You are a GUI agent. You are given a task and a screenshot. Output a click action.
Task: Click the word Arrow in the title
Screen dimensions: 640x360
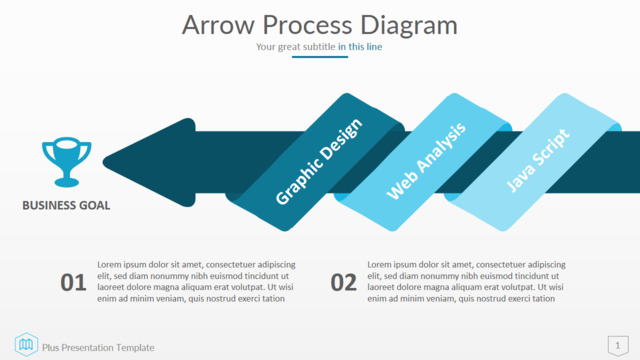click(218, 25)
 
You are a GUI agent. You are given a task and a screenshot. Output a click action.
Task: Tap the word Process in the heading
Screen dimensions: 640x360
click(307, 25)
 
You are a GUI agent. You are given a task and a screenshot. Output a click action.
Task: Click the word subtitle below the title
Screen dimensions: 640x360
click(319, 47)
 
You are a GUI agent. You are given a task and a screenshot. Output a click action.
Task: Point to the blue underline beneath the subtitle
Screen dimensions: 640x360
click(320, 57)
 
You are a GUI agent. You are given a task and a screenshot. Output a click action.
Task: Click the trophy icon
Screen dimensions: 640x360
click(67, 162)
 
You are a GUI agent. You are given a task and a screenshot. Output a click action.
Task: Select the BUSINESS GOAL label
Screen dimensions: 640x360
click(66, 205)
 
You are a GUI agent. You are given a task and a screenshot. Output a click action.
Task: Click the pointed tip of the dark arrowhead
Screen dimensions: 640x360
click(104, 162)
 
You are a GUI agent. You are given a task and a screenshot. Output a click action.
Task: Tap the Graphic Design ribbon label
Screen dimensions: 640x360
click(319, 162)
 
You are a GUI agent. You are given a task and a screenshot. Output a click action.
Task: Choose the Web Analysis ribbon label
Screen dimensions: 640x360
click(426, 161)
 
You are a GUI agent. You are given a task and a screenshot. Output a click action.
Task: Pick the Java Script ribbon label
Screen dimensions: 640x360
click(538, 160)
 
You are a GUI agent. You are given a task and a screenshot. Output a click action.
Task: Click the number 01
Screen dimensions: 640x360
click(73, 282)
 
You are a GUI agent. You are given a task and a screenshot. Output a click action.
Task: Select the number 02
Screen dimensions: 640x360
click(343, 282)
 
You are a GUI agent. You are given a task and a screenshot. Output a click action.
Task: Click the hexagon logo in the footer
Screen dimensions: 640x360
click(26, 344)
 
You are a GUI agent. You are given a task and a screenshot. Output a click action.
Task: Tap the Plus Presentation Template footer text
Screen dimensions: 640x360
click(98, 348)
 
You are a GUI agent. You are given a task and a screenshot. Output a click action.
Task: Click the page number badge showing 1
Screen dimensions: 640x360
click(618, 346)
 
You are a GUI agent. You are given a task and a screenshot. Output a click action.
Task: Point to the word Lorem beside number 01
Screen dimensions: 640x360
click(109, 264)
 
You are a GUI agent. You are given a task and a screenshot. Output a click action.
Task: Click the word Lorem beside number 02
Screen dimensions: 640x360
click(379, 264)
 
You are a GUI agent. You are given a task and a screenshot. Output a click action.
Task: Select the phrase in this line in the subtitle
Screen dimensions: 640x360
click(360, 47)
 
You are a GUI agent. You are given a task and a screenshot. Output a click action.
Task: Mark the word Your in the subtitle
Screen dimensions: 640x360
click(266, 47)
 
